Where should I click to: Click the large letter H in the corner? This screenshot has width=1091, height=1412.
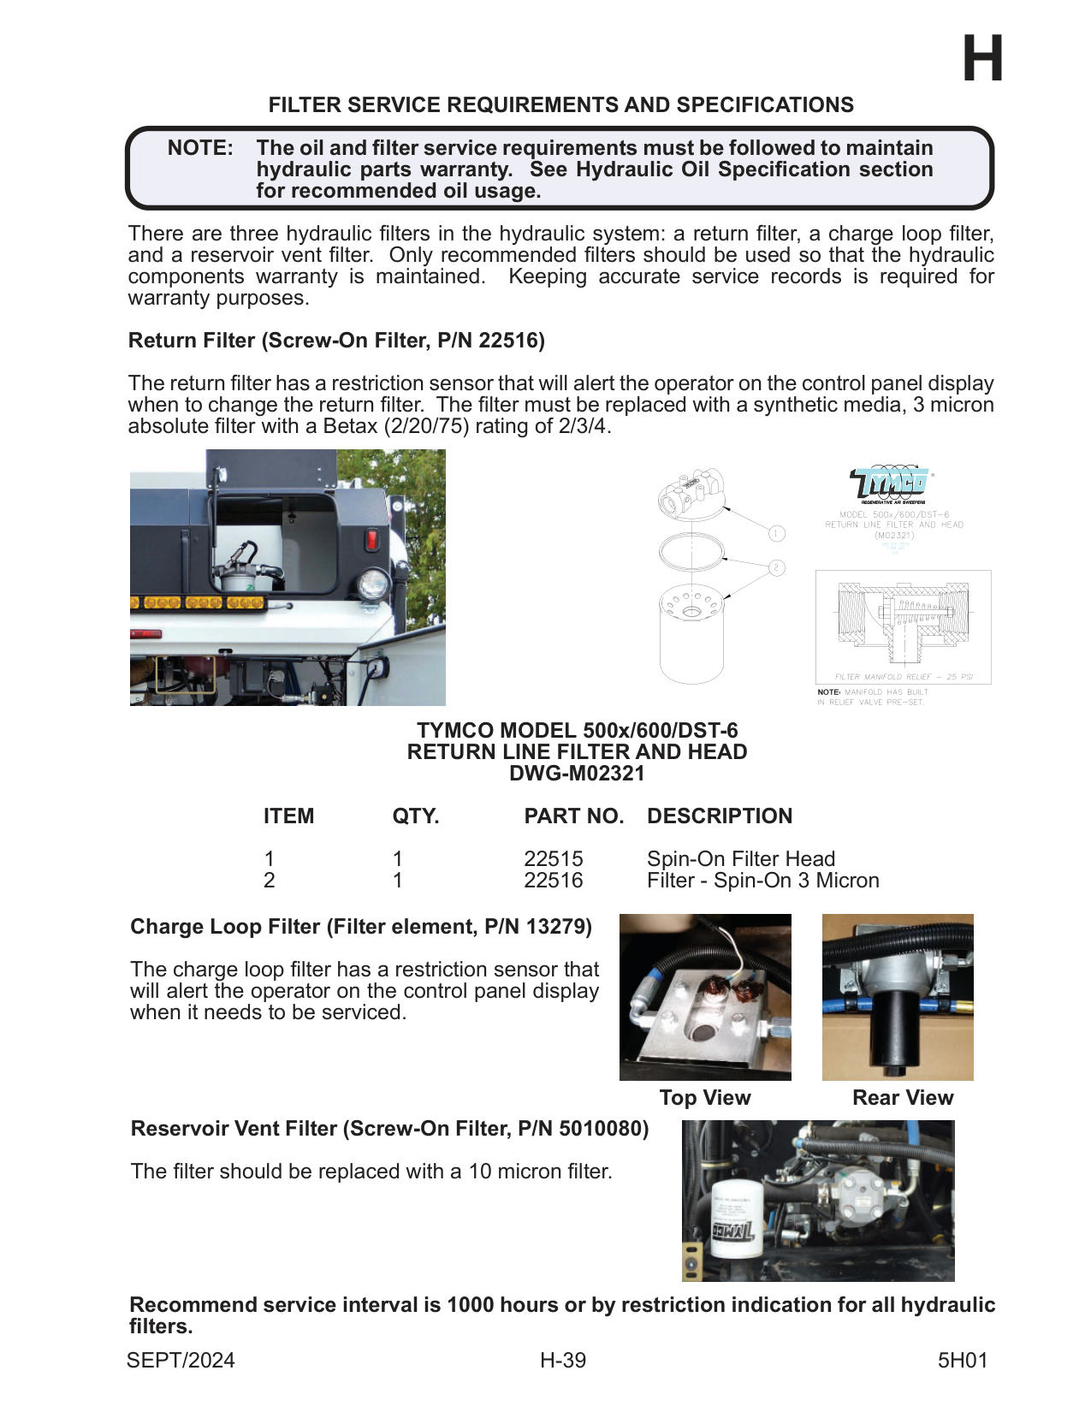tap(982, 59)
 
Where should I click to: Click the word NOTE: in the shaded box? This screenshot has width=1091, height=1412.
tap(200, 148)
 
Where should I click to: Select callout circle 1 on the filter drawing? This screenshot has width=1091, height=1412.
tap(776, 534)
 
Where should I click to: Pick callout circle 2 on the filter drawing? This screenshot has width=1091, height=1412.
tap(776, 567)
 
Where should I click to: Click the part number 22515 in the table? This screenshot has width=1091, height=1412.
tap(554, 858)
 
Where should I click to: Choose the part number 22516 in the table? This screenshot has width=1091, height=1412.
tap(554, 881)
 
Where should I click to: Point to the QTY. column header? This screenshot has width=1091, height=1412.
tap(416, 816)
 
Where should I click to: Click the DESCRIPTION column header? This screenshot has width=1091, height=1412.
tap(720, 816)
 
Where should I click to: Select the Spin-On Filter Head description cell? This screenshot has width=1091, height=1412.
tap(741, 858)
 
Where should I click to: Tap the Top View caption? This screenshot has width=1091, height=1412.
tap(705, 1098)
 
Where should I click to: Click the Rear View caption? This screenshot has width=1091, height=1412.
tap(903, 1098)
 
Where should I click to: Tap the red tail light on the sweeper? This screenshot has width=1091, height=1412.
tap(372, 540)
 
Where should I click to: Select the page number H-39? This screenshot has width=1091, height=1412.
tap(563, 1361)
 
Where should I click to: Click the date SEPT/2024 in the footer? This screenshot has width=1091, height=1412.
tap(181, 1361)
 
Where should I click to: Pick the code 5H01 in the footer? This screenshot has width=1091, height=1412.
tap(963, 1361)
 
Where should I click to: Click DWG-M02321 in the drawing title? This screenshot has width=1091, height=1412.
tap(577, 774)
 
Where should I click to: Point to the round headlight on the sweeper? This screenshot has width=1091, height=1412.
tap(373, 585)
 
